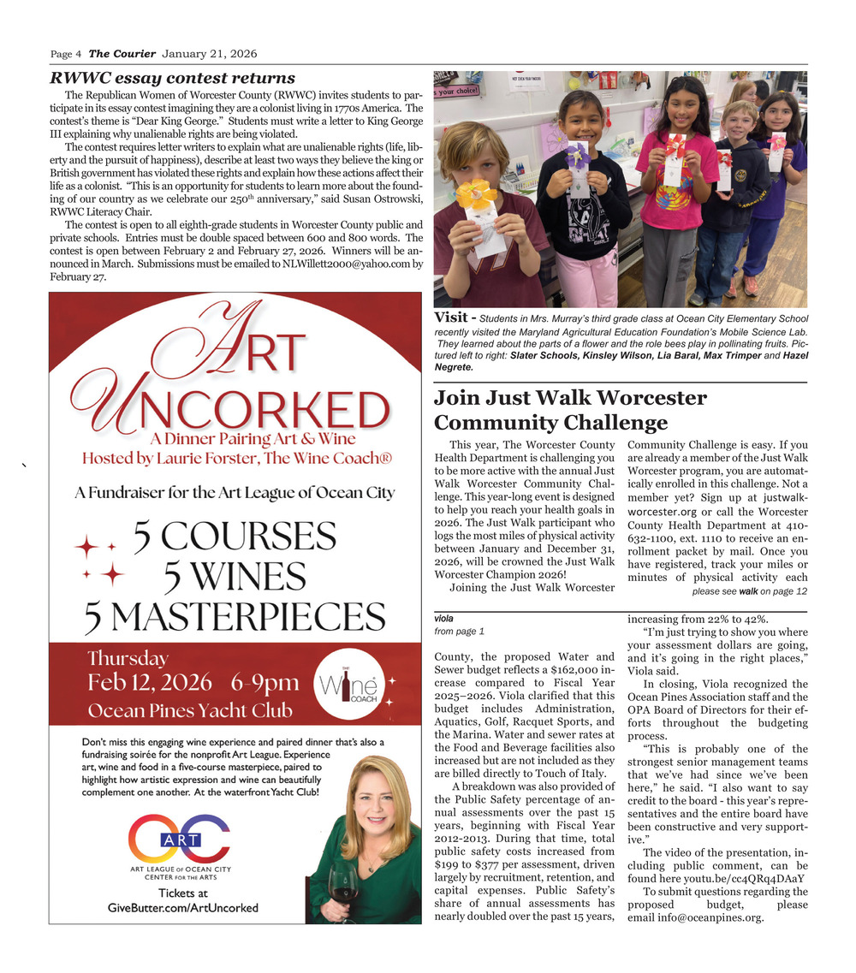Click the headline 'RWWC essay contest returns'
(172, 79)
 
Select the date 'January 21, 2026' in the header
(209, 54)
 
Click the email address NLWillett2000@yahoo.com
(345, 264)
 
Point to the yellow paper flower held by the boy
(477, 193)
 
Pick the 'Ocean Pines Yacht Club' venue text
(189, 711)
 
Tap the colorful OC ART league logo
(180, 838)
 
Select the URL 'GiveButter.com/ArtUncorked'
(182, 908)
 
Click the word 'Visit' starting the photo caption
(450, 318)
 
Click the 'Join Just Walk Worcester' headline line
(570, 398)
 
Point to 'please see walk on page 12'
(749, 591)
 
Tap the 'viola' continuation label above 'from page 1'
(443, 617)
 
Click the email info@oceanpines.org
(694, 918)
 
